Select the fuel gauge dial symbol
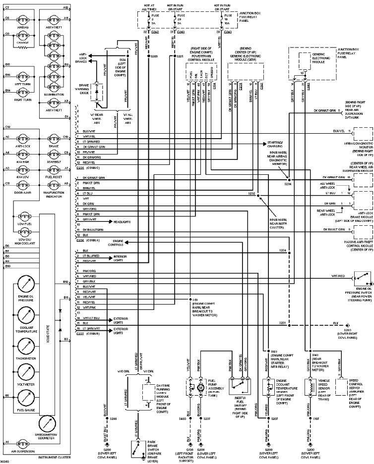pyautogui.click(x=25, y=398)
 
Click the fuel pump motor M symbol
pyautogui.click(x=200, y=387)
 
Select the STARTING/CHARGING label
pyautogui.click(x=275, y=144)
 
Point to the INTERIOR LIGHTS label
pyautogui.click(x=121, y=258)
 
